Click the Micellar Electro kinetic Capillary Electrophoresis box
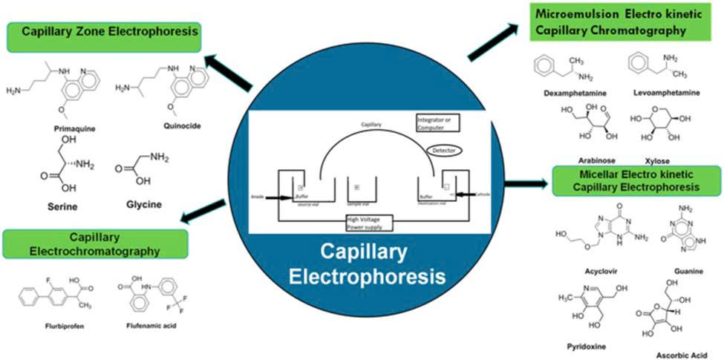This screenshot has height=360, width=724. [x=636, y=180]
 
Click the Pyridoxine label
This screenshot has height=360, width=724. [x=581, y=345]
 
